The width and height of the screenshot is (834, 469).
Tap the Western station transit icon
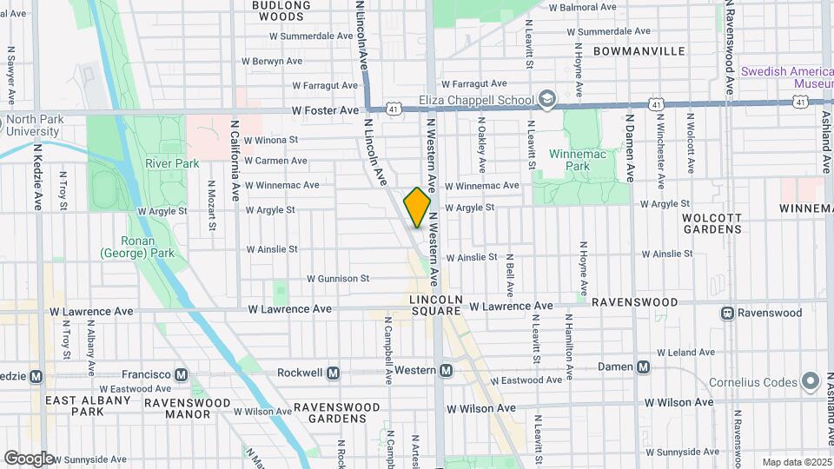coord(447,371)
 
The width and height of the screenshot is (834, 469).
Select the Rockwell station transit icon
coord(332,373)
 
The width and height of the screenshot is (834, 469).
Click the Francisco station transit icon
coord(181,375)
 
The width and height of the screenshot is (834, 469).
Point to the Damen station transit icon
coord(643,367)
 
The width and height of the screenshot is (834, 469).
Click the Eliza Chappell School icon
coord(546,99)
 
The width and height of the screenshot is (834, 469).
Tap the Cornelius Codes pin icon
coord(811,380)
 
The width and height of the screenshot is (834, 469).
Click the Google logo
coord(29,458)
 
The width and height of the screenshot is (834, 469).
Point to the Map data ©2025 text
coord(795,462)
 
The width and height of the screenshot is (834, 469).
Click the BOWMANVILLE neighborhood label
coord(639,51)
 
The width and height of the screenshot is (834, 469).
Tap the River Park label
coord(172,163)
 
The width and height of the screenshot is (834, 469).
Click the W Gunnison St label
coord(338,279)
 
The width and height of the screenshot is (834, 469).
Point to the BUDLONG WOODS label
coord(281,10)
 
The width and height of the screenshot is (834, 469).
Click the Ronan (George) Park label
coord(138,248)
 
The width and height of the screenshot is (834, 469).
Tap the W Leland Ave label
coord(686,353)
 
